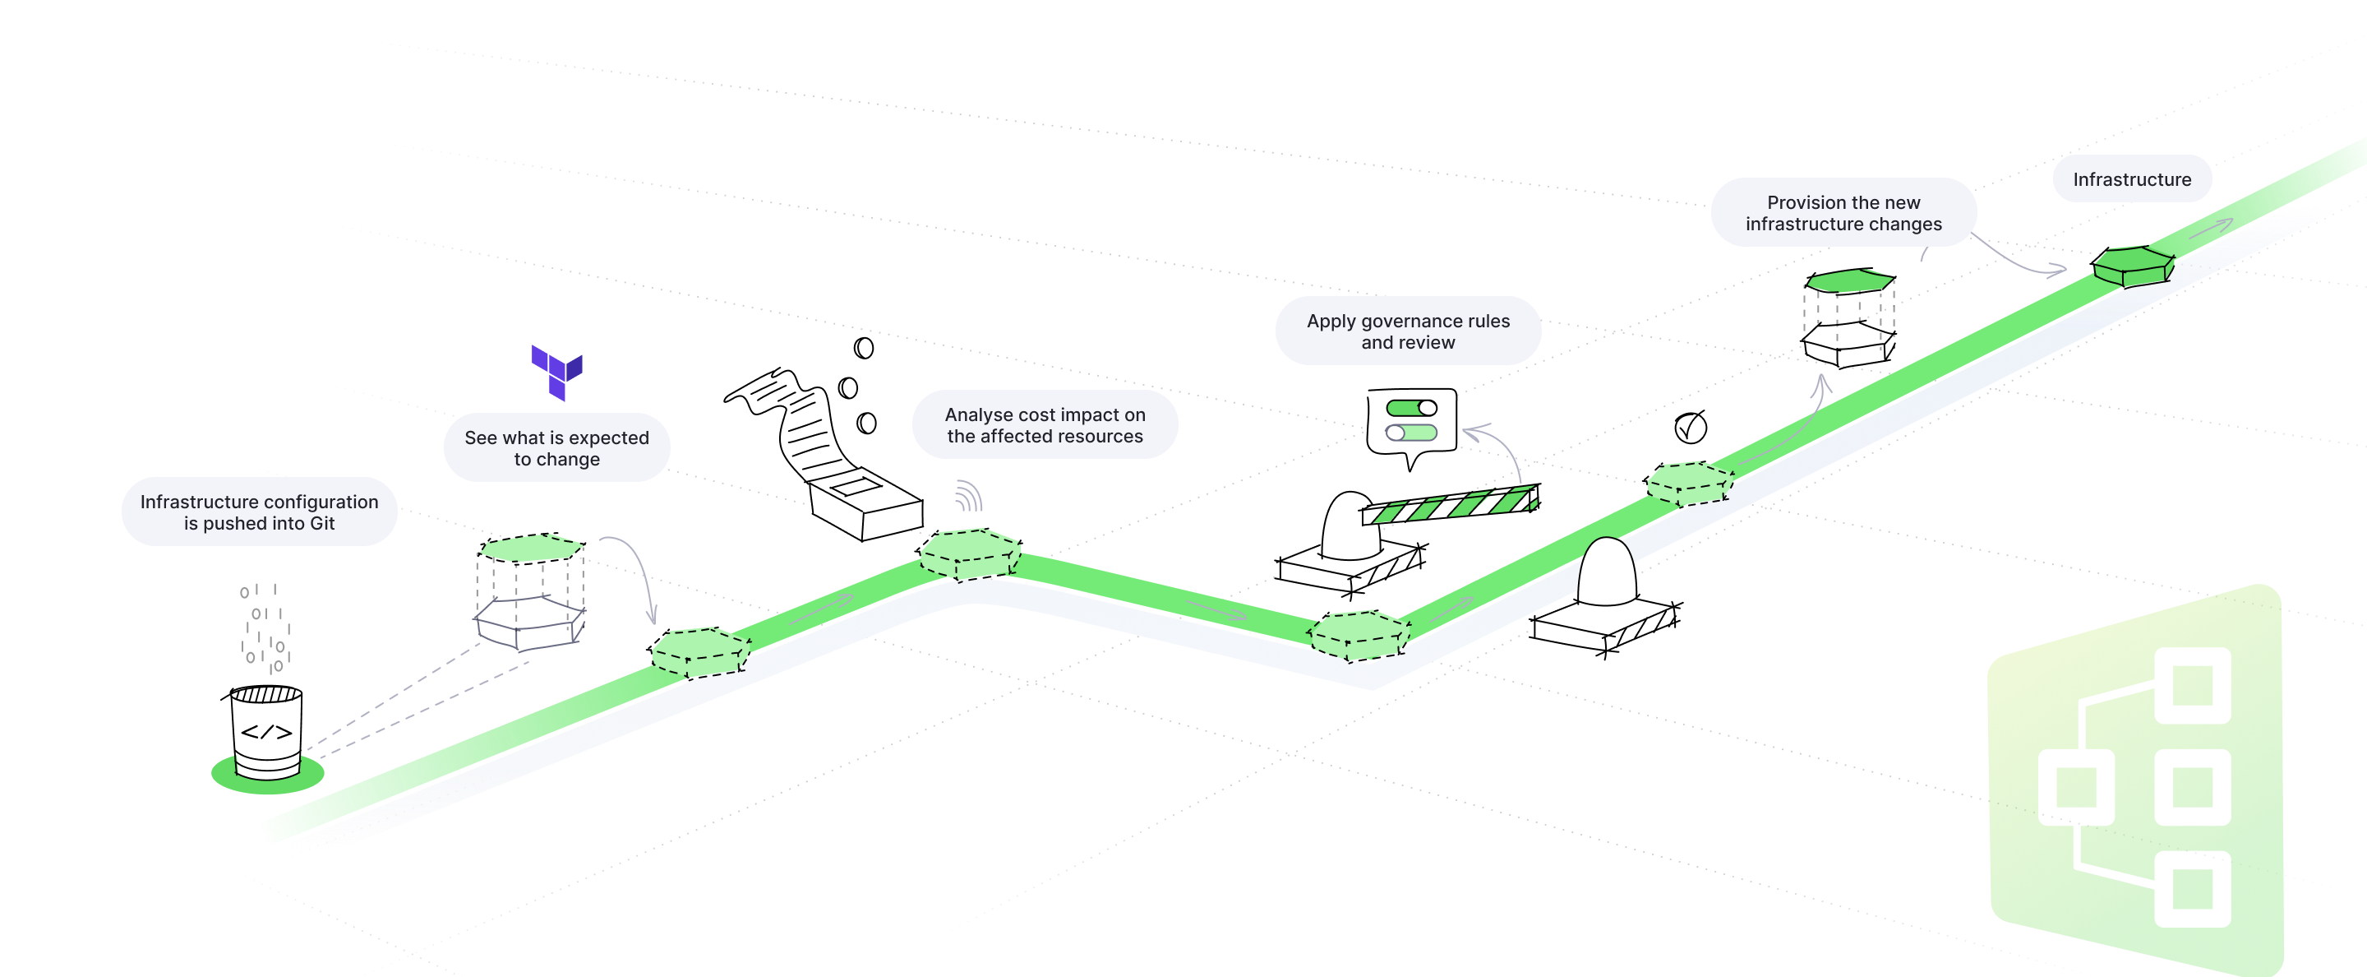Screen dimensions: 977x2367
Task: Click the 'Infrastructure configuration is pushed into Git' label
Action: point(259,512)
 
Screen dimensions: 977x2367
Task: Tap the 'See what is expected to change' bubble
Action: point(557,447)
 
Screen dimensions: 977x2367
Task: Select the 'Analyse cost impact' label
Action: point(1045,424)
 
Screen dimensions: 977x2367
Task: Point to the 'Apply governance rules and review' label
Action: point(1408,331)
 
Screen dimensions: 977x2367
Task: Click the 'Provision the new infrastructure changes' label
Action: point(1843,212)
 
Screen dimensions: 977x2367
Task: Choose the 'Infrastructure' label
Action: point(2132,179)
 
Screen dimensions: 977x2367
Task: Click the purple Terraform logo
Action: point(557,372)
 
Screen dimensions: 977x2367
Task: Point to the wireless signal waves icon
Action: point(967,496)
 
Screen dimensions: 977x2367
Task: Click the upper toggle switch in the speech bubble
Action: point(1411,408)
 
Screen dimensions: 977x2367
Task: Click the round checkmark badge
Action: point(1689,428)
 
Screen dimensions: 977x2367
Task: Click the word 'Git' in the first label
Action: point(321,524)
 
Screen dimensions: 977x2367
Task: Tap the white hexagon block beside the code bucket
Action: point(530,620)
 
